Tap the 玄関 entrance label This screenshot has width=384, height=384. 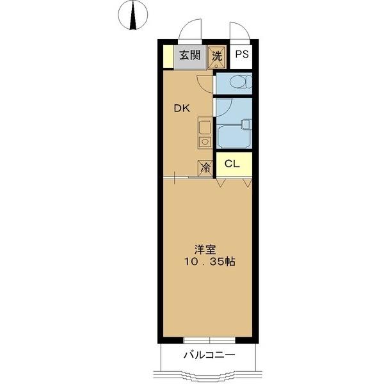(189, 55)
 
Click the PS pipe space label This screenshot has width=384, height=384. (241, 55)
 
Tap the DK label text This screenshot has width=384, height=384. (182, 108)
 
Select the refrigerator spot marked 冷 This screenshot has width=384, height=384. (205, 168)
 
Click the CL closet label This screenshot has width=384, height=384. (232, 163)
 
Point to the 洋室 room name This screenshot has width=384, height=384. (206, 250)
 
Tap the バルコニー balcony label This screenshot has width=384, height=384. (209, 355)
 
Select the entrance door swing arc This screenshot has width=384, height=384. (189, 30)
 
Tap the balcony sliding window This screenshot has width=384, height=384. (209, 340)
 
